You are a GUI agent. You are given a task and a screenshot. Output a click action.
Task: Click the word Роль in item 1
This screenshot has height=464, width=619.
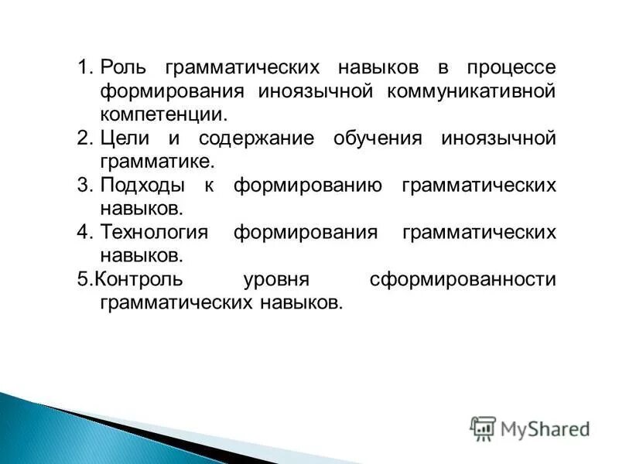coord(123,67)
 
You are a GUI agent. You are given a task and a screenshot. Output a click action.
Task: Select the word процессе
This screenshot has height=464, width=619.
coord(511,67)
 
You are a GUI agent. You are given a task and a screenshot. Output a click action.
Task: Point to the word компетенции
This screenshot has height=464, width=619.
coord(163,115)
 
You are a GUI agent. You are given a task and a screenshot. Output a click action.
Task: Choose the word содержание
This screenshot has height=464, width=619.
coord(256,139)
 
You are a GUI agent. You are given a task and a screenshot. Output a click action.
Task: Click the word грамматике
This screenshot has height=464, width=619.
coord(156,162)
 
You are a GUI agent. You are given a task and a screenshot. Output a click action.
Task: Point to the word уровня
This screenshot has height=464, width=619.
coord(276,279)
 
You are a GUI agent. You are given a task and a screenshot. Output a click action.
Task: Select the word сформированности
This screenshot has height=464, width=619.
coord(463,278)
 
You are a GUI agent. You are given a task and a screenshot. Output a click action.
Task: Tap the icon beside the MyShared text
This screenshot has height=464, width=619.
coord(483,428)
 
